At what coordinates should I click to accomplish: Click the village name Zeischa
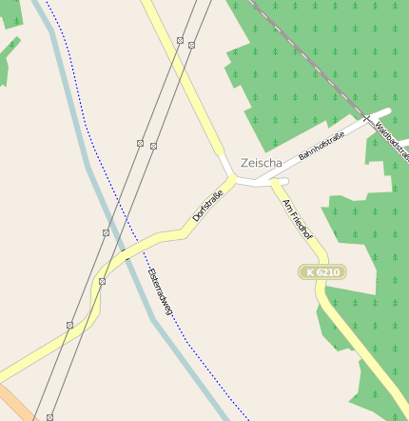point(262,163)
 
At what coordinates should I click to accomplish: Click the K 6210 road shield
point(322,272)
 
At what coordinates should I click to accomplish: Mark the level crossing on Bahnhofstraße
point(366,118)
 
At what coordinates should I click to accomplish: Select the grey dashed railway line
point(304,56)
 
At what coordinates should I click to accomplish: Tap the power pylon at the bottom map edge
point(49,417)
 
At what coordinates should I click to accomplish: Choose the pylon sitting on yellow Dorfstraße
point(102,282)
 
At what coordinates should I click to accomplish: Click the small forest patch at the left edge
point(8,57)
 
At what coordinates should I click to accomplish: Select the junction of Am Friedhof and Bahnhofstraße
point(273,182)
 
